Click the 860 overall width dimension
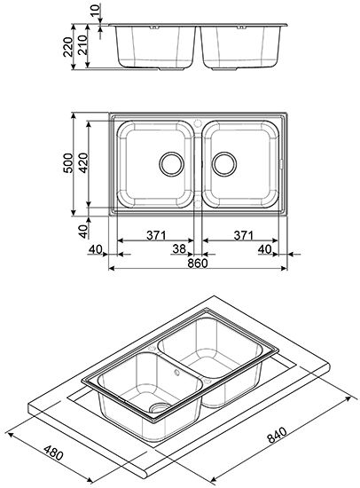tap(198, 264)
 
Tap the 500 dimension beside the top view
tap(67, 162)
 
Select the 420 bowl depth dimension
tap(83, 162)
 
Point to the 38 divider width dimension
tap(179, 249)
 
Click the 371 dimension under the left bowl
tap(157, 235)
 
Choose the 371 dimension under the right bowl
tap(244, 235)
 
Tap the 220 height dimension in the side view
tap(67, 47)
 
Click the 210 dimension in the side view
tap(82, 45)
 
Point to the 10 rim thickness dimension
tap(97, 11)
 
